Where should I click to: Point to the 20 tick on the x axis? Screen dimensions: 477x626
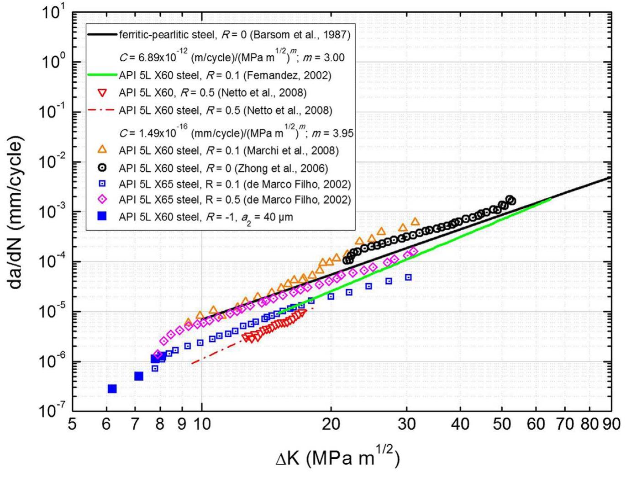331,424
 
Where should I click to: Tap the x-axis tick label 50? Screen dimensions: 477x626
501,424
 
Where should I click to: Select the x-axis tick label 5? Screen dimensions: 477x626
72,424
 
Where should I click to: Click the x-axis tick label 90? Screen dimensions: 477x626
611,424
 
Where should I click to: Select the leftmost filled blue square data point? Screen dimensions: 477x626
112,388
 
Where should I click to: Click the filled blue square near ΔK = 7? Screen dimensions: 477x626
139,376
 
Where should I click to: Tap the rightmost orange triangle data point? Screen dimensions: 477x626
415,222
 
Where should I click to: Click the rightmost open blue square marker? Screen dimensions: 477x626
408,277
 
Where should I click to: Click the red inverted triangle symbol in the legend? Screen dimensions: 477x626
103,93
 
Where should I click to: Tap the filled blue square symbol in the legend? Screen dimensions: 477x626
103,217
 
